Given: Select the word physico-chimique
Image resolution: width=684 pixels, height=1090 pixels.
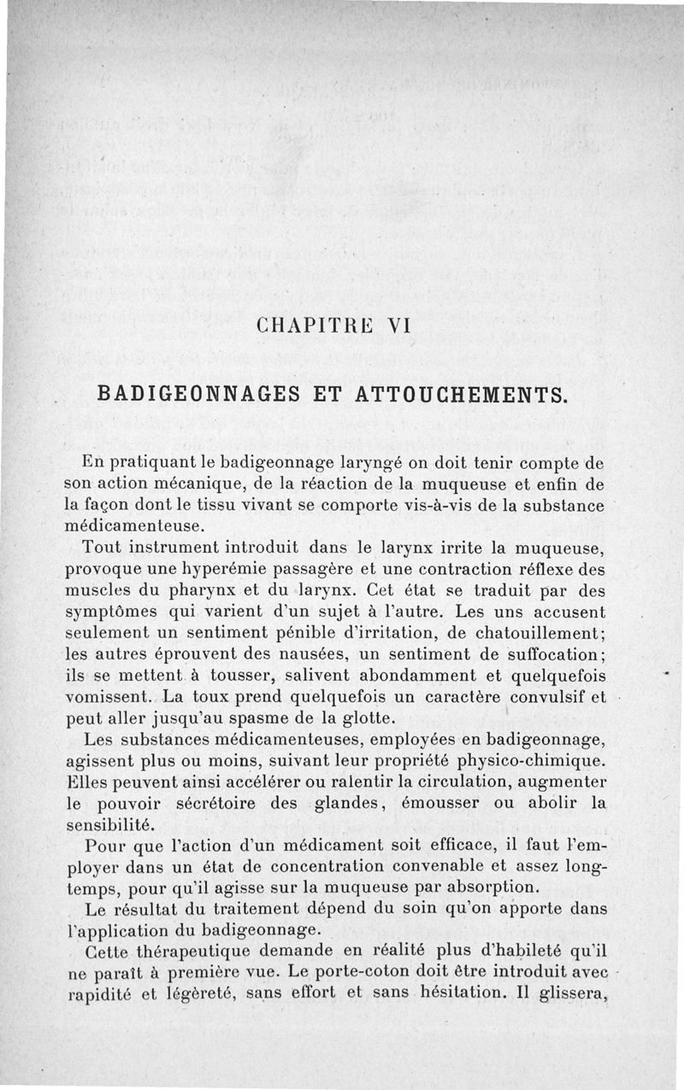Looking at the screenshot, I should click(x=526, y=760).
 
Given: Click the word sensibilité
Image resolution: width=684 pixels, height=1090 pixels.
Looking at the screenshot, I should click(x=109, y=824).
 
